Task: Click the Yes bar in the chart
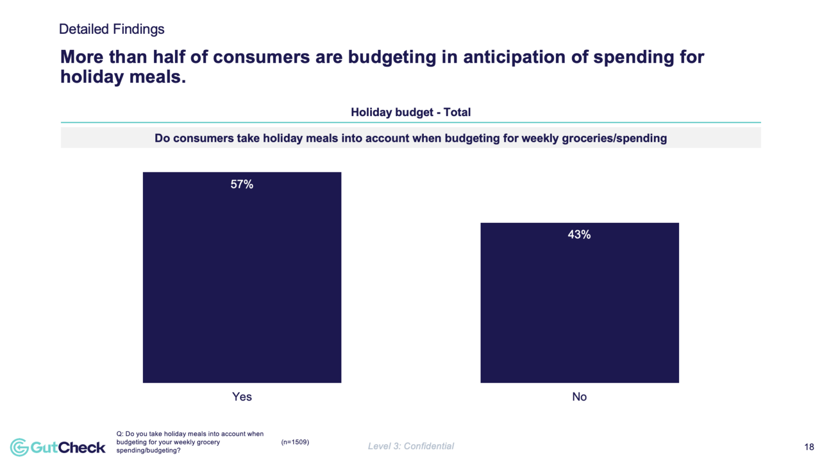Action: click(x=242, y=284)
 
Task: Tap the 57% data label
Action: click(x=242, y=185)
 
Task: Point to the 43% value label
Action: click(x=579, y=234)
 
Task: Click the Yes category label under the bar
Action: click(x=242, y=397)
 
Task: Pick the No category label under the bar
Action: click(x=579, y=397)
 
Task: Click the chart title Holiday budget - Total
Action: click(x=410, y=112)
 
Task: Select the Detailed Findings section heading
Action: click(x=111, y=29)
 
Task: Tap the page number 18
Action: click(x=809, y=447)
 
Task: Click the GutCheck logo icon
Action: click(x=19, y=447)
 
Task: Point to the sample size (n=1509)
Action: click(x=295, y=442)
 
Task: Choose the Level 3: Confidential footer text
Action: click(x=410, y=446)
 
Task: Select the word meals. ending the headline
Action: click(x=159, y=77)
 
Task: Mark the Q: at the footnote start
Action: click(x=120, y=434)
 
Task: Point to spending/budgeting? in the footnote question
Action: click(x=148, y=451)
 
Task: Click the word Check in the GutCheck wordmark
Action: click(x=81, y=448)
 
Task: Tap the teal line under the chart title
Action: click(x=410, y=123)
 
